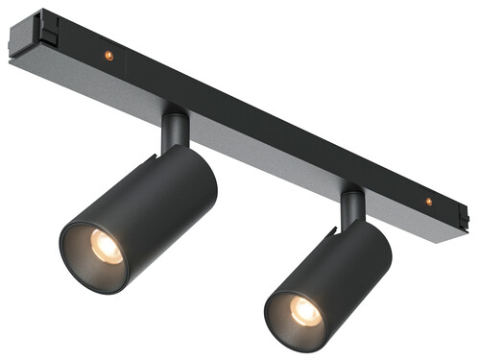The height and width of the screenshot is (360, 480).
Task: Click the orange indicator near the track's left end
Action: (x=108, y=55)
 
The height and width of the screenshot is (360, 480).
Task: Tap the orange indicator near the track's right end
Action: (x=428, y=202)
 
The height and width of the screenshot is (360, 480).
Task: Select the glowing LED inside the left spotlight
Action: (x=107, y=248)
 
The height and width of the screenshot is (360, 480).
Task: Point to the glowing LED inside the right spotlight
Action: (x=305, y=310)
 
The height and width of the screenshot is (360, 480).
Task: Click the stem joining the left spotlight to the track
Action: (x=175, y=129)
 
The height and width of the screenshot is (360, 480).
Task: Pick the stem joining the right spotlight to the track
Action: (x=352, y=207)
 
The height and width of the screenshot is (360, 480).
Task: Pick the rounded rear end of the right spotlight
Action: (x=380, y=240)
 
